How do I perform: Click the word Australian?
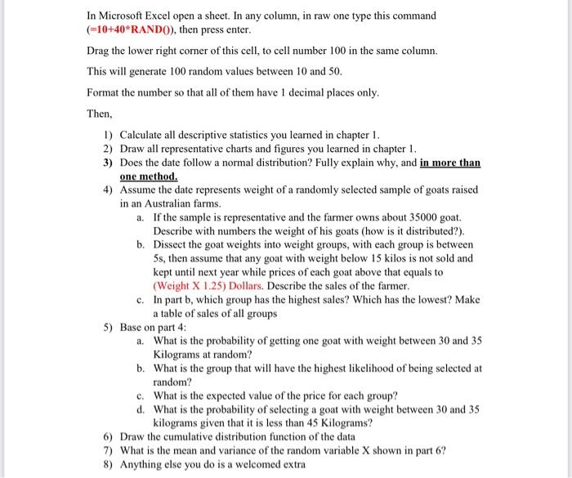pyautogui.click(x=173, y=203)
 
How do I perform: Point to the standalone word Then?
pyautogui.click(x=101, y=114)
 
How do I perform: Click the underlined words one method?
pyautogui.click(x=148, y=176)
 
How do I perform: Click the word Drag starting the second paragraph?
pyautogui.click(x=100, y=51)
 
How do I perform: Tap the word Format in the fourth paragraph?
pyautogui.click(x=104, y=92)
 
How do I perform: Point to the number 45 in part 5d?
pyautogui.click(x=310, y=422)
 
